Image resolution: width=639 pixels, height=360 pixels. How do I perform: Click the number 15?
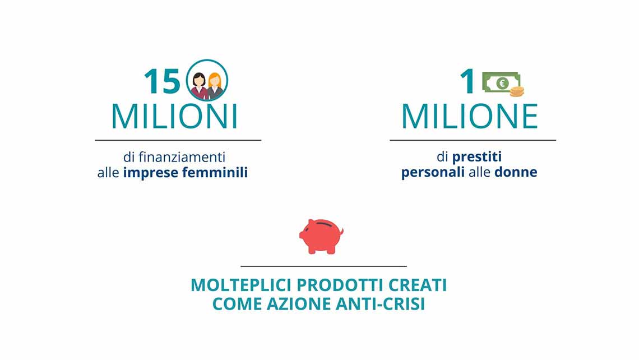(x=162, y=81)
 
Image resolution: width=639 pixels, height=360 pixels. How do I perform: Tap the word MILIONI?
(x=174, y=117)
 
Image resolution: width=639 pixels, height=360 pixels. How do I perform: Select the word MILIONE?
(x=470, y=117)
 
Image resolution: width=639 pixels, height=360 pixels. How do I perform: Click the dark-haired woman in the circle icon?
(x=199, y=86)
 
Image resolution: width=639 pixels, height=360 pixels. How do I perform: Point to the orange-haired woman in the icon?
(x=215, y=86)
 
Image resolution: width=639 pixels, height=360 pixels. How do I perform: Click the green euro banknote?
(x=501, y=83)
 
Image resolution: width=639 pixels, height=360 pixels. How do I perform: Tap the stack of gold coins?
(x=517, y=92)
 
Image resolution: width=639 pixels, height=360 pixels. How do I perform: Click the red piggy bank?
(x=321, y=237)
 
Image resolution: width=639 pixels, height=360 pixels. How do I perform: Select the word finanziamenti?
(x=182, y=157)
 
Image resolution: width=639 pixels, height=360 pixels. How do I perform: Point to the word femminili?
(x=215, y=172)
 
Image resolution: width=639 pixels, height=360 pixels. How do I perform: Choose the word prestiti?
(x=477, y=157)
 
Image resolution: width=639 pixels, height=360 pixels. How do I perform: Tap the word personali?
(x=433, y=172)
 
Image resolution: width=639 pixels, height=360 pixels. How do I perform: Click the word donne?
(x=516, y=172)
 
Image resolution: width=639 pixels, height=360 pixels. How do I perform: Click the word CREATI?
(x=418, y=285)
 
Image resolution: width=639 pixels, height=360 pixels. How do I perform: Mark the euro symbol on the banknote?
(x=502, y=83)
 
